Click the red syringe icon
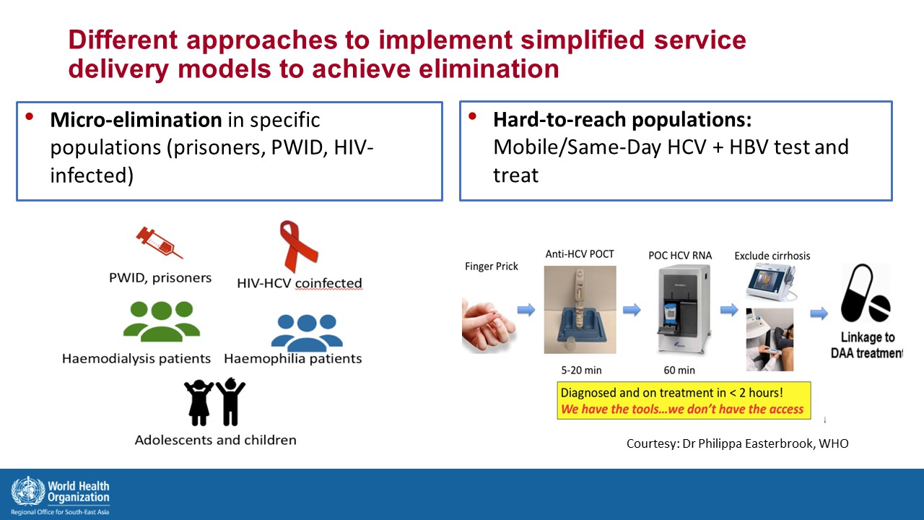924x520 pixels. pos(160,243)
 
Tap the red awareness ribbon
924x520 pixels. pos(298,246)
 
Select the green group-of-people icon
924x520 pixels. pos(162,321)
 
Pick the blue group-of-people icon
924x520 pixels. pos(307,333)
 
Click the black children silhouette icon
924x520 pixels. pos(214,402)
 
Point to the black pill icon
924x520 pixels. pos(865,293)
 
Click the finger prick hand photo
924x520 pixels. pos(489,326)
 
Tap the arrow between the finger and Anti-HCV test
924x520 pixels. pos(526,310)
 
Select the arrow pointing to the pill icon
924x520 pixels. pos(819,313)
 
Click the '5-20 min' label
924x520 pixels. pos(581,370)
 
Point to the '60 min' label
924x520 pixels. pos(679,370)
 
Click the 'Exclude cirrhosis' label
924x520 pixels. pos(772,256)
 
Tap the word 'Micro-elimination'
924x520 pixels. pos(136,120)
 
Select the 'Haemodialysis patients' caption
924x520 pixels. pos(136,358)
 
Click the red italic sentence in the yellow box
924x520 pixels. pos(682,409)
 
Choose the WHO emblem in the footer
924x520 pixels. pos(28,491)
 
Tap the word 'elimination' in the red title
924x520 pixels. pos(489,69)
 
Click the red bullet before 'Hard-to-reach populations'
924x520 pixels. pos(472,116)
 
